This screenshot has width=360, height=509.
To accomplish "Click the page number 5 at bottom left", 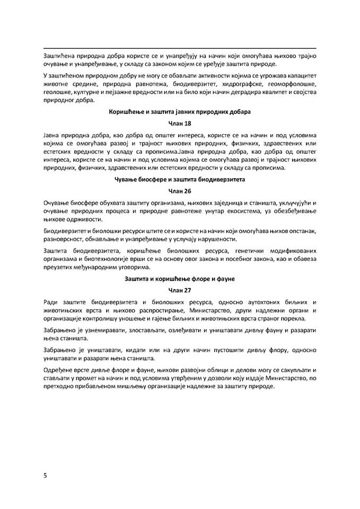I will (46, 475).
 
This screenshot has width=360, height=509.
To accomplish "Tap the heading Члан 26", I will (180, 190).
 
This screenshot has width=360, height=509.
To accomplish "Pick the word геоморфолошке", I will (285, 84).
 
